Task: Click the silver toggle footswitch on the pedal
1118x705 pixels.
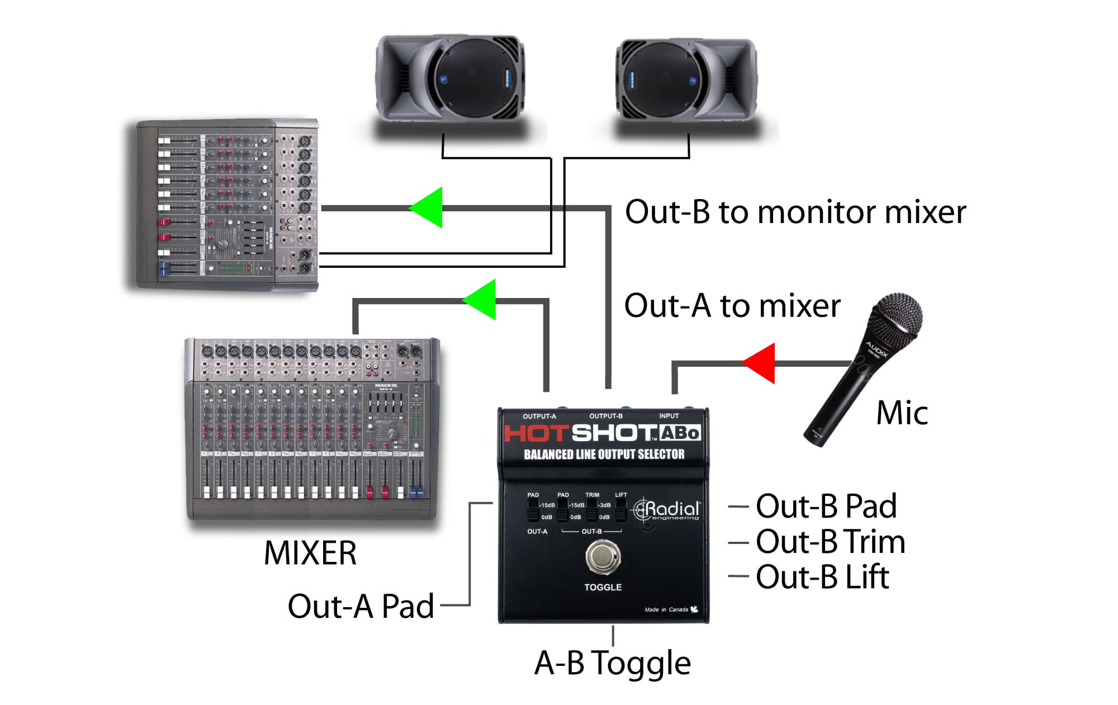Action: click(x=603, y=556)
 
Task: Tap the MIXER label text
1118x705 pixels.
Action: click(x=310, y=553)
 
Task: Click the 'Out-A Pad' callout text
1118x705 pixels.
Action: click(x=361, y=606)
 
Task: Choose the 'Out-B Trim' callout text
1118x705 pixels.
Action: click(x=830, y=542)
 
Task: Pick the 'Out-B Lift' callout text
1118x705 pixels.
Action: click(x=822, y=577)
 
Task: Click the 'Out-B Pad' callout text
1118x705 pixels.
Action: click(x=826, y=506)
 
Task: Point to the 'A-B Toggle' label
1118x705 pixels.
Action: click(x=613, y=663)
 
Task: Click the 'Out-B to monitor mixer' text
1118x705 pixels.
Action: click(x=795, y=212)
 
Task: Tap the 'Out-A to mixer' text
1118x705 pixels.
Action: click(x=732, y=306)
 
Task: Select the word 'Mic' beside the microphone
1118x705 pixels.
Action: click(x=902, y=413)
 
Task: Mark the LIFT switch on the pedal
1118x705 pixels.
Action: click(x=620, y=509)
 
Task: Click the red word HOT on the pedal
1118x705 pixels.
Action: click(x=537, y=433)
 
